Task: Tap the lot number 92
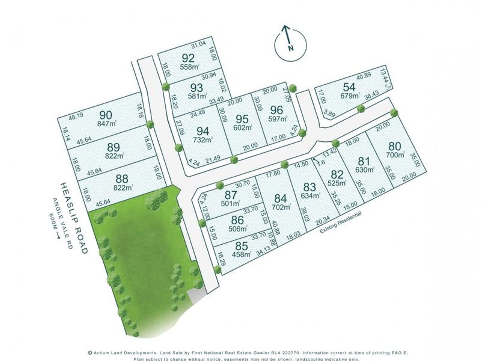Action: click(188, 57)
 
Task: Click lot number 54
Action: click(349, 87)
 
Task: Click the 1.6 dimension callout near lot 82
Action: click(321, 162)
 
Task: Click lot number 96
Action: click(277, 110)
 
